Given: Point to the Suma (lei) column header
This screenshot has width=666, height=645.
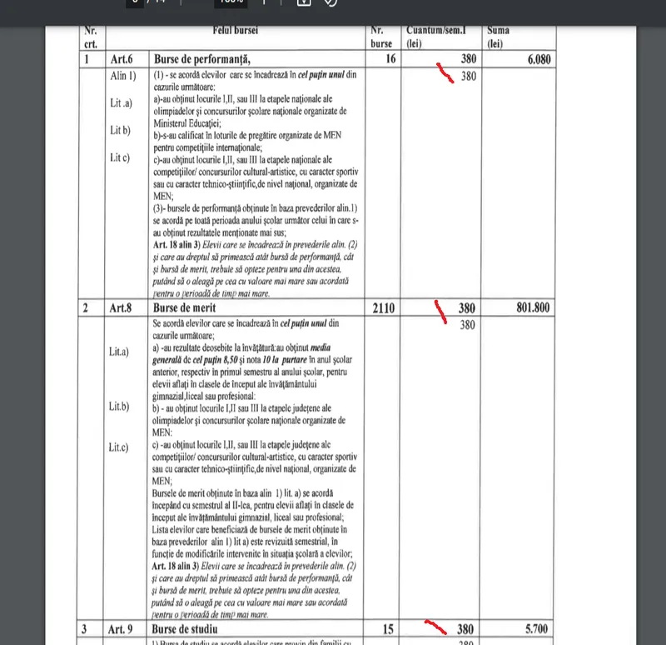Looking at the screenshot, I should pos(499,37).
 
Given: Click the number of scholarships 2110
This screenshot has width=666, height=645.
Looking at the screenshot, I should pos(381,308).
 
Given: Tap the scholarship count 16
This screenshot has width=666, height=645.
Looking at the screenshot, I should pos(389,59).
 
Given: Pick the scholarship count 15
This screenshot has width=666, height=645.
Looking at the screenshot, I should pos(389,628).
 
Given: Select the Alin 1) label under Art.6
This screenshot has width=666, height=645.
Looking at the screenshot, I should pos(122,77).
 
